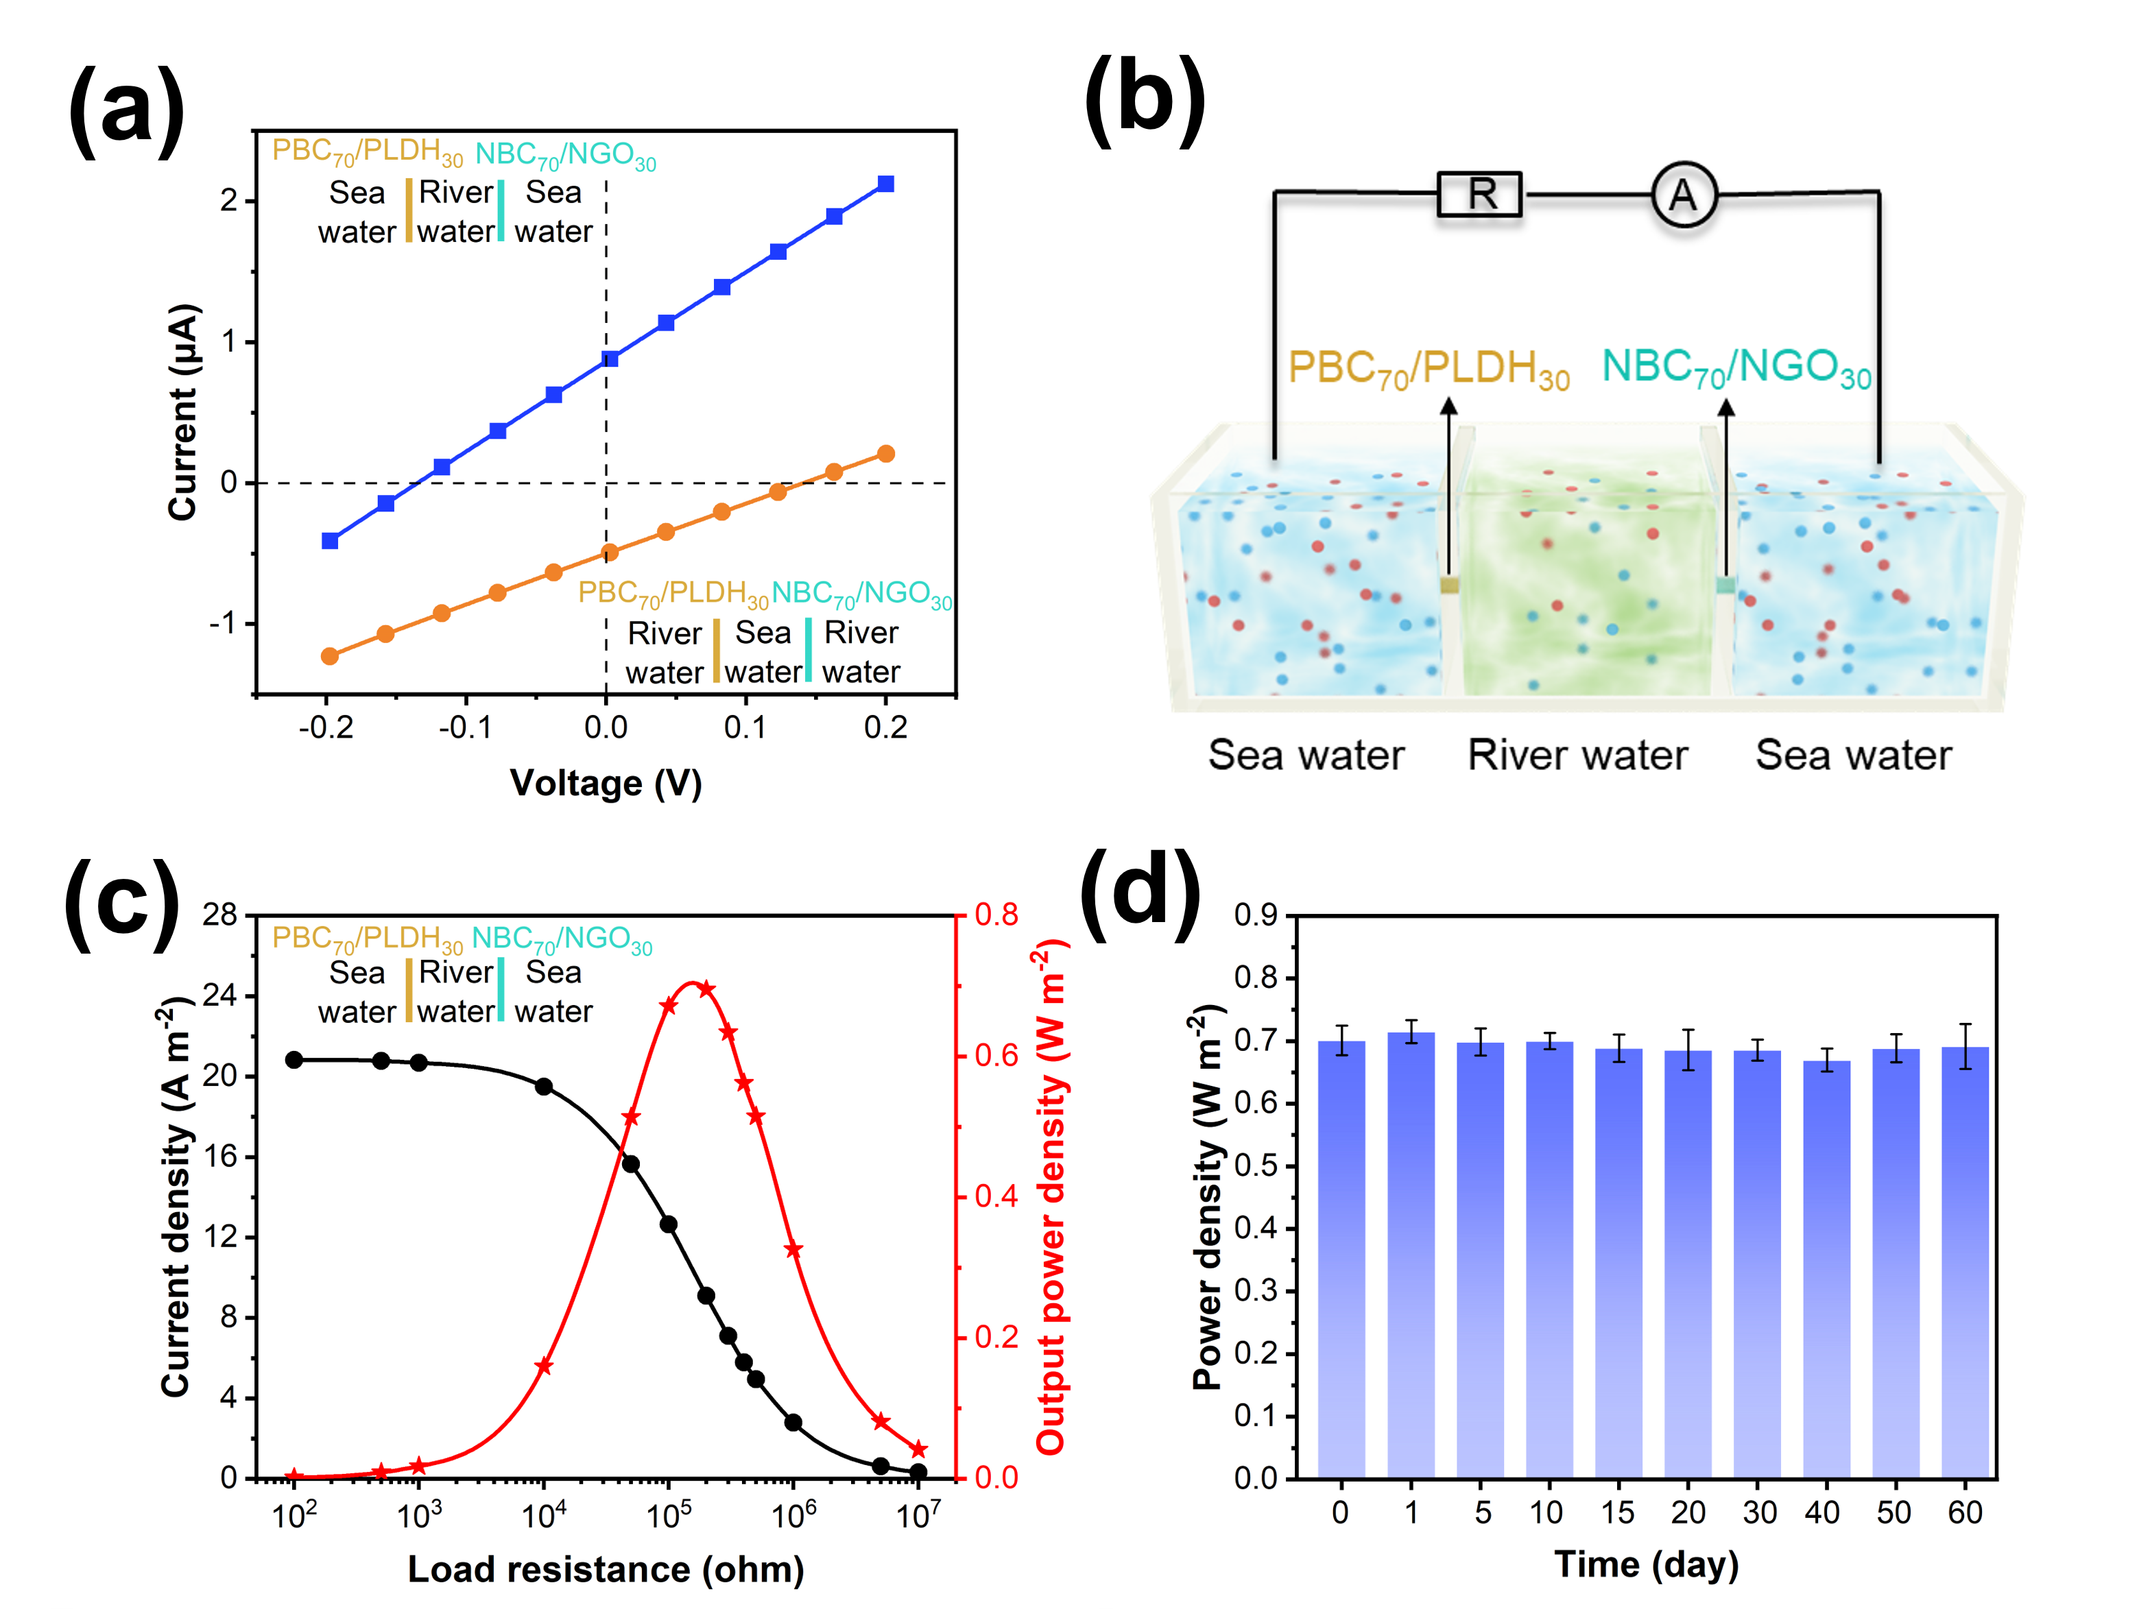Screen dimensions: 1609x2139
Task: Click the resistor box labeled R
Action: (1479, 195)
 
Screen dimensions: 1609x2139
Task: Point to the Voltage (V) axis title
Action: (606, 783)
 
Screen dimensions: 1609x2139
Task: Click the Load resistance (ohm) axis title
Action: (606, 1569)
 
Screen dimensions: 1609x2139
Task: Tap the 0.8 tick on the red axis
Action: (996, 915)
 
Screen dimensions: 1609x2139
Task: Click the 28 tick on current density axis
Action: (219, 915)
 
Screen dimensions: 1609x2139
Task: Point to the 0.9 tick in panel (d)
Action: (1255, 915)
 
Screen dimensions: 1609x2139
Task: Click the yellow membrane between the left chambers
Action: (1448, 585)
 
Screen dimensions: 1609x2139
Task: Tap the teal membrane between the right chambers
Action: (1725, 585)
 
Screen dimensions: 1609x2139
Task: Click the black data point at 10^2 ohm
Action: (294, 1060)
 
